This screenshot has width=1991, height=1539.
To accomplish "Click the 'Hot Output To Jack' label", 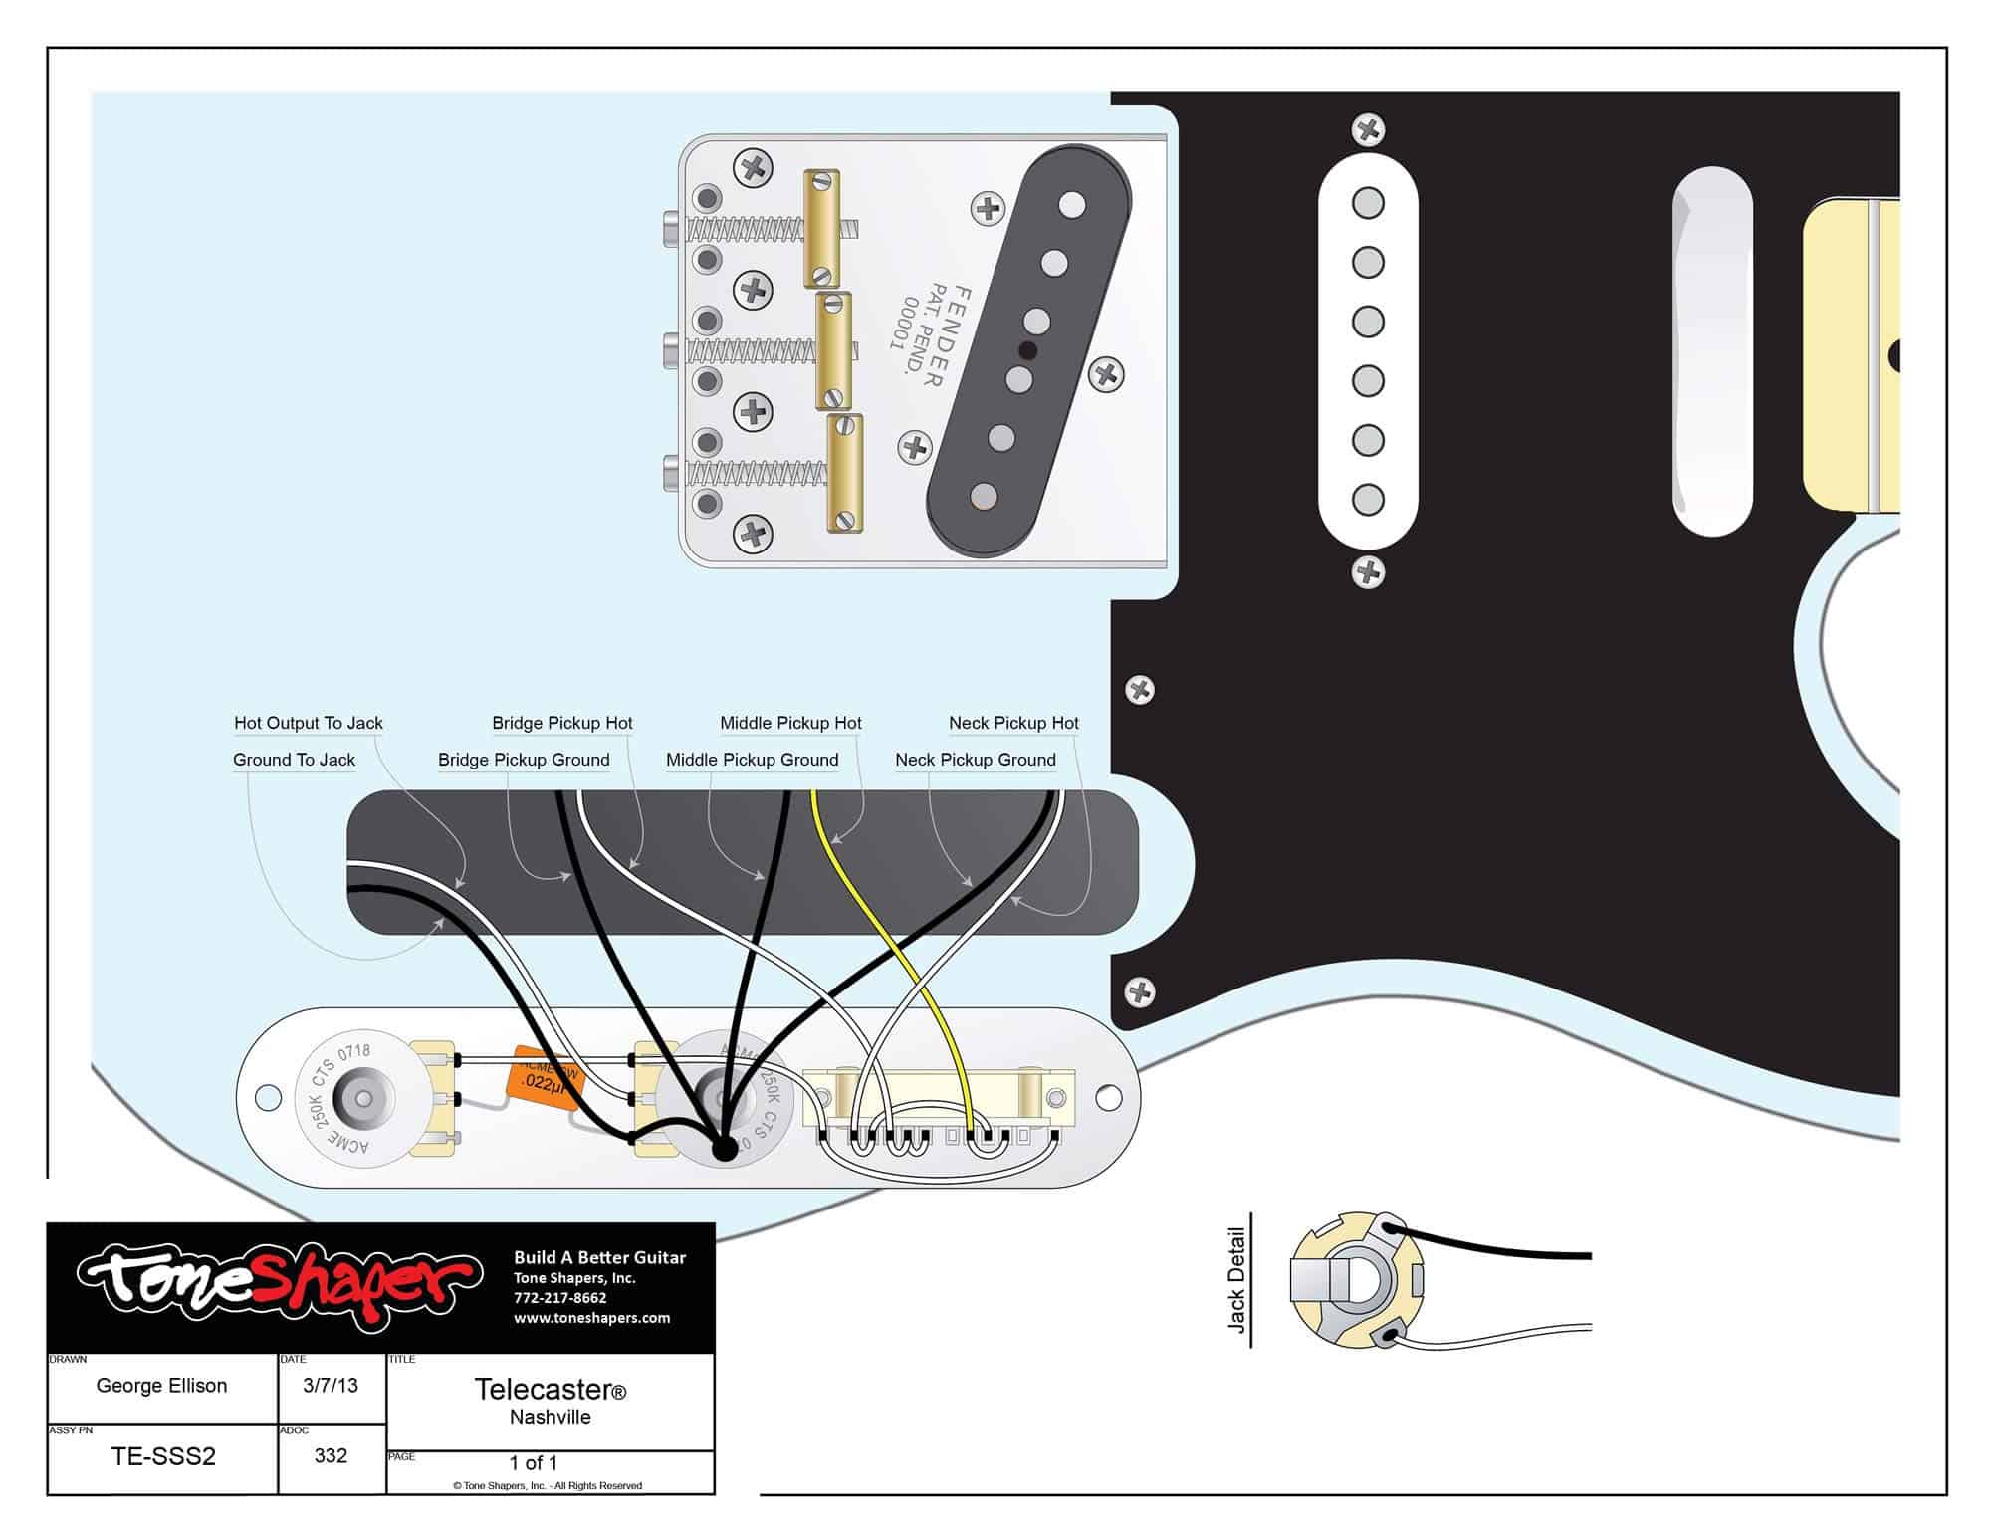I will (308, 723).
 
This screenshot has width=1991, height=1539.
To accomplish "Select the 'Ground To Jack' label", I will (294, 760).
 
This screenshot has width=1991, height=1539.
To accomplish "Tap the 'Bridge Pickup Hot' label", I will (561, 723).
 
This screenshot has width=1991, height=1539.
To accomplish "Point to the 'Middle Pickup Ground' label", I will (752, 760).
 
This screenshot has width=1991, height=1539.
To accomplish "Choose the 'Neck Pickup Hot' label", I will (1012, 723).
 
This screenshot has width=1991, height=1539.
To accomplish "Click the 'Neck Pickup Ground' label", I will (975, 760).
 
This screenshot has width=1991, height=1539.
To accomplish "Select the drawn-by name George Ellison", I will (161, 1386).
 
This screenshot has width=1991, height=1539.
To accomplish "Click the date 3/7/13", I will (331, 1386).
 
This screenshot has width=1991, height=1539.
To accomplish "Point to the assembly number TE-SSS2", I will (163, 1456).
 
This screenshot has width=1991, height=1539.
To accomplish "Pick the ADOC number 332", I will (331, 1456).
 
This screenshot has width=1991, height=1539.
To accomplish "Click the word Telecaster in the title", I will (544, 1389).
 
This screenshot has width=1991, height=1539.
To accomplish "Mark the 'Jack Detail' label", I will (1236, 1280).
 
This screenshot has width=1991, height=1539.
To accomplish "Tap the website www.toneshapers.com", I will (591, 1318).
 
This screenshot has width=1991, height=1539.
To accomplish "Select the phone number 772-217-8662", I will (559, 1298).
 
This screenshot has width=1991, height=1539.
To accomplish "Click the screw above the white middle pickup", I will (1368, 129).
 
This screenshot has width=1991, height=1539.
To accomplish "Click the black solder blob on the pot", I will (724, 1148).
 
